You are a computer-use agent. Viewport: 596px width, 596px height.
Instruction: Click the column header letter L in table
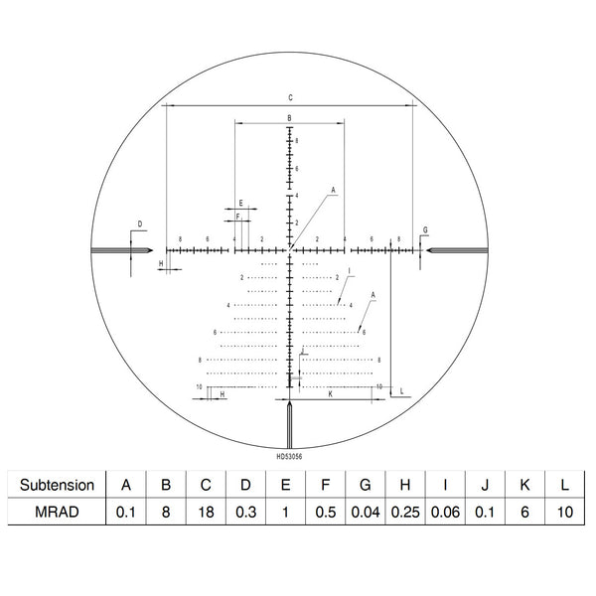563,486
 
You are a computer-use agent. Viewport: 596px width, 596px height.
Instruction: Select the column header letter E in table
285,486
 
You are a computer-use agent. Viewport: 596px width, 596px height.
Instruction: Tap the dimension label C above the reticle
290,97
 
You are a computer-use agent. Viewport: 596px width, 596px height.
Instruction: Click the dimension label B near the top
289,118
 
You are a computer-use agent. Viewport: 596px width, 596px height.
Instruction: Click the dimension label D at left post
140,223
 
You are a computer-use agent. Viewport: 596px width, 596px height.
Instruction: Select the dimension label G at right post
425,230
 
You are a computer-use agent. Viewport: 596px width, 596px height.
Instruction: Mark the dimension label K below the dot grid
329,394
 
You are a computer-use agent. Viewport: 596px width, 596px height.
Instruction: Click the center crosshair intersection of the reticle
290,251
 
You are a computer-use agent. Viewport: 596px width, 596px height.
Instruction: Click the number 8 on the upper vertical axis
297,142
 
